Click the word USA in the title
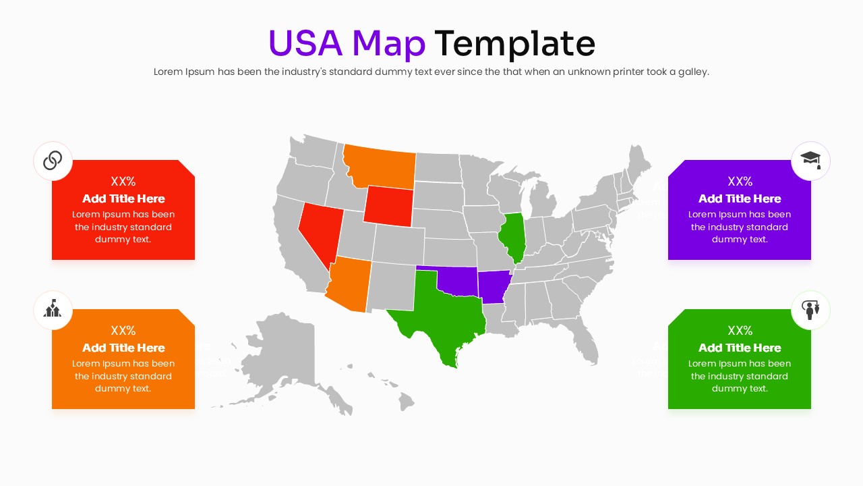305,43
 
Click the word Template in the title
514,43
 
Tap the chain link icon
53,161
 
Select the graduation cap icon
810,161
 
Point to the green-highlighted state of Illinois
513,236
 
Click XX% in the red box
123,182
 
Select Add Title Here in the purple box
740,198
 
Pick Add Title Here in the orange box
123,348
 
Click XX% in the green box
740,331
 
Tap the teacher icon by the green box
810,310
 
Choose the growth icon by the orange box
53,310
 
